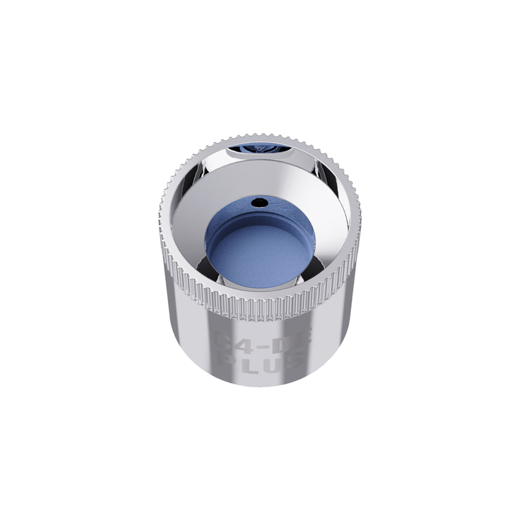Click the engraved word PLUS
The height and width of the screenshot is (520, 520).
pos(260,361)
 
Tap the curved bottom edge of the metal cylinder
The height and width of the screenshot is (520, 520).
pos(260,385)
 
